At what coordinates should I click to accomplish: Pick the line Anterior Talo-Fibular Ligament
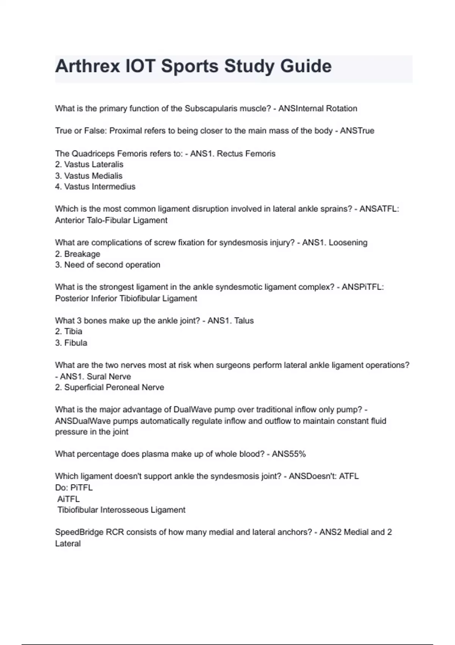pyautogui.click(x=111, y=220)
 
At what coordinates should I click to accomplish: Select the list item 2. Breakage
pyautogui.click(x=78, y=254)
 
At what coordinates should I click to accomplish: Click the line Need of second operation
pyautogui.click(x=112, y=265)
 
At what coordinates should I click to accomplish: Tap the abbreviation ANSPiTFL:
pyautogui.click(x=362, y=287)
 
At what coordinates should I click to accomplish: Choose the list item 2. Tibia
pyautogui.click(x=69, y=332)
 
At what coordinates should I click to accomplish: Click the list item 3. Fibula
pyautogui.click(x=71, y=343)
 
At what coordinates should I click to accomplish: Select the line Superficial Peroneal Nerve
pyautogui.click(x=114, y=387)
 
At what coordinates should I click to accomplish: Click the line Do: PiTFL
pyautogui.click(x=74, y=488)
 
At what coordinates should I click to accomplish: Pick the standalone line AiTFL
pyautogui.click(x=68, y=499)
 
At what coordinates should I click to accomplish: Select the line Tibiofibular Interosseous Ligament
pyautogui.click(x=121, y=510)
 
